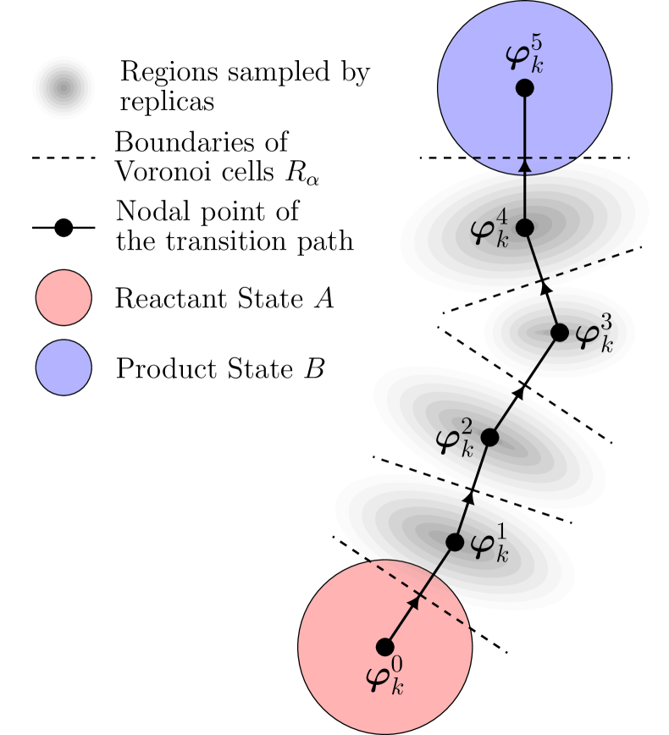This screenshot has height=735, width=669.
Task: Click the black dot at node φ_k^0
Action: [x=384, y=647]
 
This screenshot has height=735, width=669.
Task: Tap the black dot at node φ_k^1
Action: [x=455, y=542]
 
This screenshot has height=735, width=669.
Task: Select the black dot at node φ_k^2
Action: [x=489, y=437]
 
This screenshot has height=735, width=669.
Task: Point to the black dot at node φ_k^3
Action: [x=560, y=333]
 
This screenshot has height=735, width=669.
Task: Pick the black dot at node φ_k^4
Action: [x=524, y=227]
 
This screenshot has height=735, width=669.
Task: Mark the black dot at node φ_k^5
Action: [x=524, y=87]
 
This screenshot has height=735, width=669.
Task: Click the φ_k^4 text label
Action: [x=490, y=229]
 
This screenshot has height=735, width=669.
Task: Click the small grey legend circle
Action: [x=64, y=88]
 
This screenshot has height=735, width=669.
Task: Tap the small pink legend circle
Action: [x=64, y=297]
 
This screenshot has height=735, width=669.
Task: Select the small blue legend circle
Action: [x=64, y=367]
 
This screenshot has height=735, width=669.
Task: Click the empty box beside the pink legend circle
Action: [x=224, y=297]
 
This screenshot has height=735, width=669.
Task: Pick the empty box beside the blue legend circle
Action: [x=221, y=367]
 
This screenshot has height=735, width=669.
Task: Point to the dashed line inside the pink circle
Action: [x=421, y=595]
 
